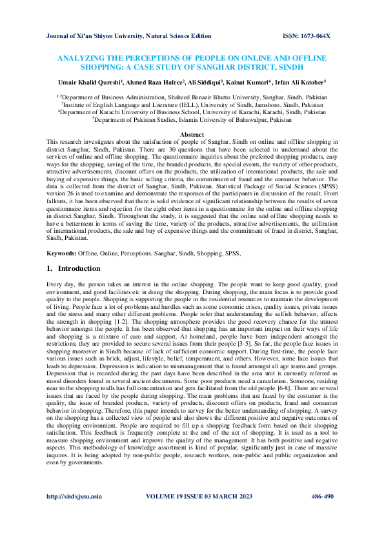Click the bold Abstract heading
192,133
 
